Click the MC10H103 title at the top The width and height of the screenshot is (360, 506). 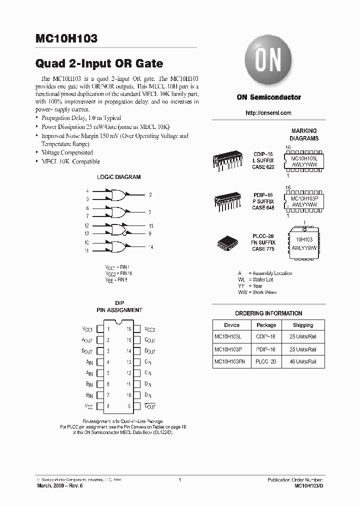[x=66, y=38]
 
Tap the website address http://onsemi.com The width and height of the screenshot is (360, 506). [x=268, y=113]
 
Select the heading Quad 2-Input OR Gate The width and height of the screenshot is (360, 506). [x=99, y=64]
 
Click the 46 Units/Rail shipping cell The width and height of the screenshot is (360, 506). [x=303, y=361]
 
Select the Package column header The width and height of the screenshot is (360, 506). [x=266, y=325]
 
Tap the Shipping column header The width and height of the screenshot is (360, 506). [x=303, y=325]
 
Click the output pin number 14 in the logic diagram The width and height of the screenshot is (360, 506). [x=150, y=247]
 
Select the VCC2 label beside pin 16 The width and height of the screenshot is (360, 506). [x=150, y=329]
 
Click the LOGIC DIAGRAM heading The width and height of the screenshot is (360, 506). [x=118, y=177]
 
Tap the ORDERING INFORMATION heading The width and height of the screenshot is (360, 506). [x=268, y=313]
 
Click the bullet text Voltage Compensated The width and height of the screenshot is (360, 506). [x=67, y=152]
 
